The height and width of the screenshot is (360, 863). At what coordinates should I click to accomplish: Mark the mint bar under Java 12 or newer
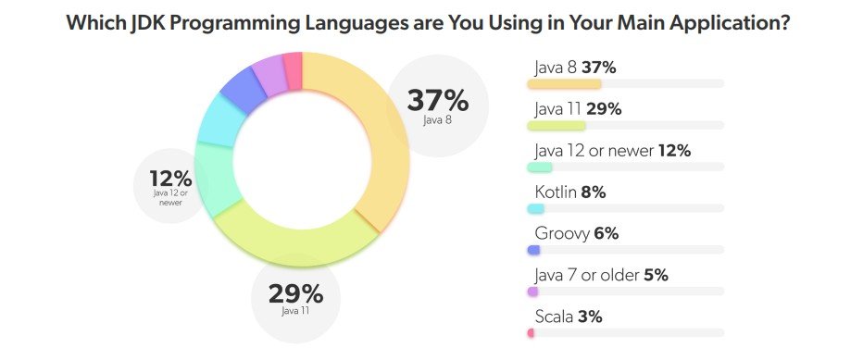coord(539,168)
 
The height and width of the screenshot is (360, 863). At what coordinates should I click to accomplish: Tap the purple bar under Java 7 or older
coord(532,292)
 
